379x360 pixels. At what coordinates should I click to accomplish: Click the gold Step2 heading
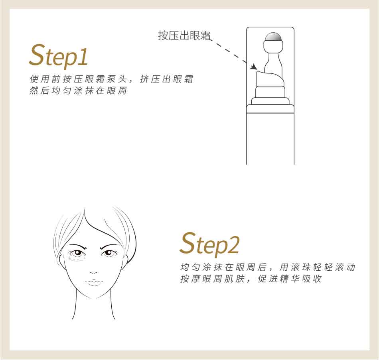pyautogui.click(x=209, y=244)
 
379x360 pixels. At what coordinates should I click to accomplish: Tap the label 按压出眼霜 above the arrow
pyautogui.click(x=184, y=35)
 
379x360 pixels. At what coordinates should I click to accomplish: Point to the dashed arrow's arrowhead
pyautogui.click(x=253, y=67)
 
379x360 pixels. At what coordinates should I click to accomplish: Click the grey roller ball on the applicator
pyautogui.click(x=273, y=37)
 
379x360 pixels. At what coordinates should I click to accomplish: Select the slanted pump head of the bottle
pyautogui.click(x=270, y=79)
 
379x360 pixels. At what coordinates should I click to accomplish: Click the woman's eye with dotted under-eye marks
pyautogui.click(x=77, y=253)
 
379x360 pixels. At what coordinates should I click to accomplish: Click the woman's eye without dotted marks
pyautogui.click(x=109, y=253)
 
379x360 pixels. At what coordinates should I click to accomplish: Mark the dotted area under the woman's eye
pyautogui.click(x=77, y=259)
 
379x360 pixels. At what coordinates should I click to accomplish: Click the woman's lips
pyautogui.click(x=94, y=282)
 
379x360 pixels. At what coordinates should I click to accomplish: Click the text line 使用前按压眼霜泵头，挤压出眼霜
pyautogui.click(x=111, y=79)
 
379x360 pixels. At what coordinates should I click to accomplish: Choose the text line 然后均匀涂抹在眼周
pyautogui.click(x=78, y=90)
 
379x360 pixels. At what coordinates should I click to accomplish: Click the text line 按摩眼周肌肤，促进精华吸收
pyautogui.click(x=251, y=279)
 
